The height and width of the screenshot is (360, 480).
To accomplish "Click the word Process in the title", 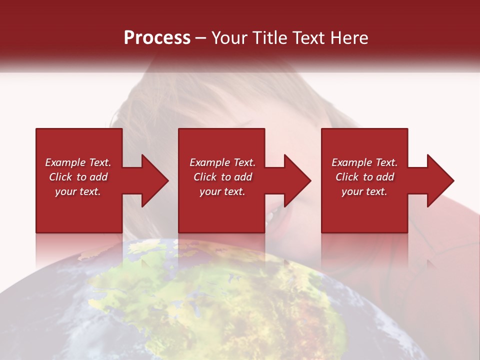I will pos(157,38).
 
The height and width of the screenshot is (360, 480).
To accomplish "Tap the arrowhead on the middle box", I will pos(297,180).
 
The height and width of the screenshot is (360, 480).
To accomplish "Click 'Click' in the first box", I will pos(60,177).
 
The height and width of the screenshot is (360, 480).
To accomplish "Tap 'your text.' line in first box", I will pos(78,191).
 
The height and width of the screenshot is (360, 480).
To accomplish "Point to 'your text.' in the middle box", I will pos(222,191).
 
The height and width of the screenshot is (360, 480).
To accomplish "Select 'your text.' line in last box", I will pos(364,191).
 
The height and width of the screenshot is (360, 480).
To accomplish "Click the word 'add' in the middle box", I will pos(242,177).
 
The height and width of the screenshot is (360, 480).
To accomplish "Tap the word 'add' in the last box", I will pos(384,177).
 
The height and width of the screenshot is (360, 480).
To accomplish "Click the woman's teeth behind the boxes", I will pos(270,216).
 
